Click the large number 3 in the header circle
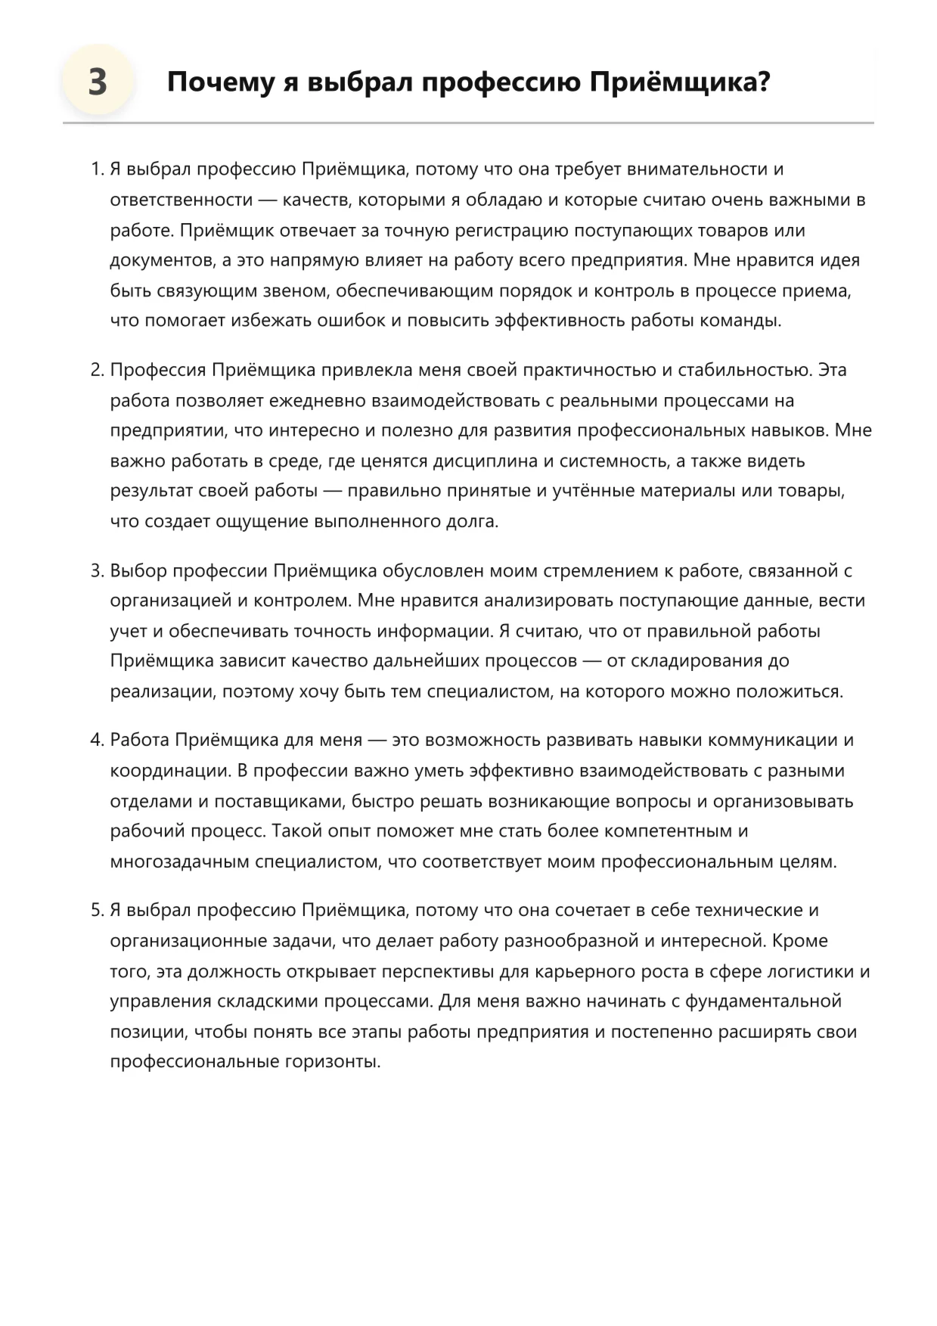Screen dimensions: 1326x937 [x=98, y=82]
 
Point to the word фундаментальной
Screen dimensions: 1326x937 [x=763, y=1001]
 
